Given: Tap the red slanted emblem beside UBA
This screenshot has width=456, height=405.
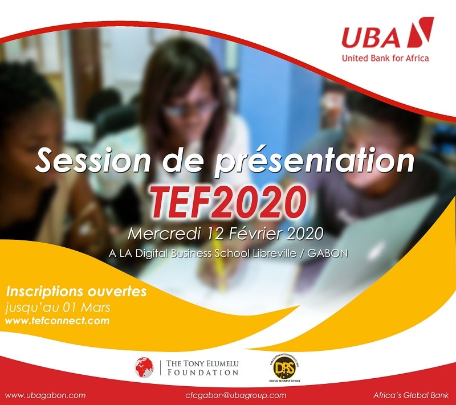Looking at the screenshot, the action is point(420,32).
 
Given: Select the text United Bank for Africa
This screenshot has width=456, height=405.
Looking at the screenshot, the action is point(385,58).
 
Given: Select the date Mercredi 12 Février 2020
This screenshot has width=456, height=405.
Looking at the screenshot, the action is point(225,234).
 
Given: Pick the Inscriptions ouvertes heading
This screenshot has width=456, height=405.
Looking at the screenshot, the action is point(76,292).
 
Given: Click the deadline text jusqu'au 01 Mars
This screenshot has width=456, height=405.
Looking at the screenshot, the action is point(58,308).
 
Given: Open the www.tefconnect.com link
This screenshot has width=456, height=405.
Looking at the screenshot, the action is point(58,321).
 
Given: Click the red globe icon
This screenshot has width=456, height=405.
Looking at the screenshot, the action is point(144,367).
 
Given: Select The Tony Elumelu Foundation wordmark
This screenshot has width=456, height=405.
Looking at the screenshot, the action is point(202,368).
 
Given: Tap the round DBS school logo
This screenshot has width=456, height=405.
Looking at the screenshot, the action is point(284,367).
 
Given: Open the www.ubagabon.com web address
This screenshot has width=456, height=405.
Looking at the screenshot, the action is point(46,395).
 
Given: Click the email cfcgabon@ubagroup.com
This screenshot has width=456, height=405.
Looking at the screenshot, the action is point(235,395).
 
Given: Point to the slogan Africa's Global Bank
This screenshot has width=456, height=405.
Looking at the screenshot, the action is point(411,395).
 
